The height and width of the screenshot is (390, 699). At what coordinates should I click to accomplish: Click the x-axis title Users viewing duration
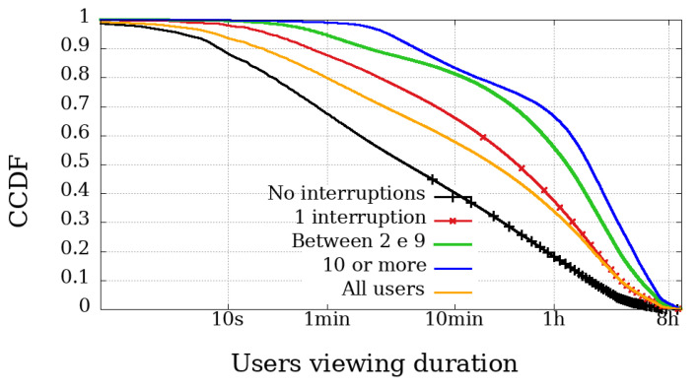(x=374, y=363)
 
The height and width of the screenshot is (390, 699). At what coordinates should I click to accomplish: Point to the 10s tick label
(x=229, y=321)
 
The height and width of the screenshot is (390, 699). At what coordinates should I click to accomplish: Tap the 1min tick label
(x=325, y=321)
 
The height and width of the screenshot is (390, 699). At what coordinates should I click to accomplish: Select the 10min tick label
(x=454, y=321)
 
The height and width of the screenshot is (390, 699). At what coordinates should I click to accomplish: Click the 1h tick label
(x=553, y=321)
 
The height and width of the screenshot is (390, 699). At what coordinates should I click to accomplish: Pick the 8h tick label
(x=669, y=321)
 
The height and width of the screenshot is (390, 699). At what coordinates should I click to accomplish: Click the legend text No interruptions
(x=345, y=192)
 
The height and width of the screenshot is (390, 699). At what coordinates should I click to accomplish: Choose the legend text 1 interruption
(x=360, y=217)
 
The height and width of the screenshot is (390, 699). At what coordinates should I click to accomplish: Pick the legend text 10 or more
(x=374, y=266)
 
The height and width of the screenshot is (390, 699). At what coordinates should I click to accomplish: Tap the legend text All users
(x=380, y=291)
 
